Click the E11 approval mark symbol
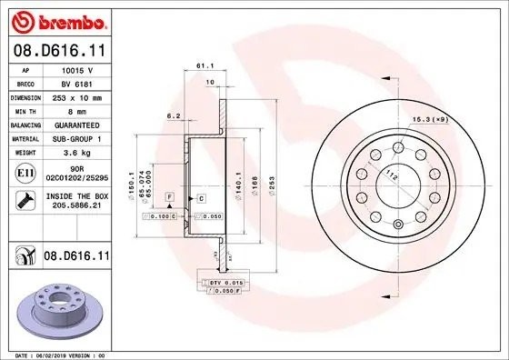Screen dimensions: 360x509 25,172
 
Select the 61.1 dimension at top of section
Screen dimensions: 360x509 205,66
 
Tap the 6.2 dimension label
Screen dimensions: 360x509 173,115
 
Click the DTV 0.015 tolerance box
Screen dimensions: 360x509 222,284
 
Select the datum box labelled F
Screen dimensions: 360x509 169,196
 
